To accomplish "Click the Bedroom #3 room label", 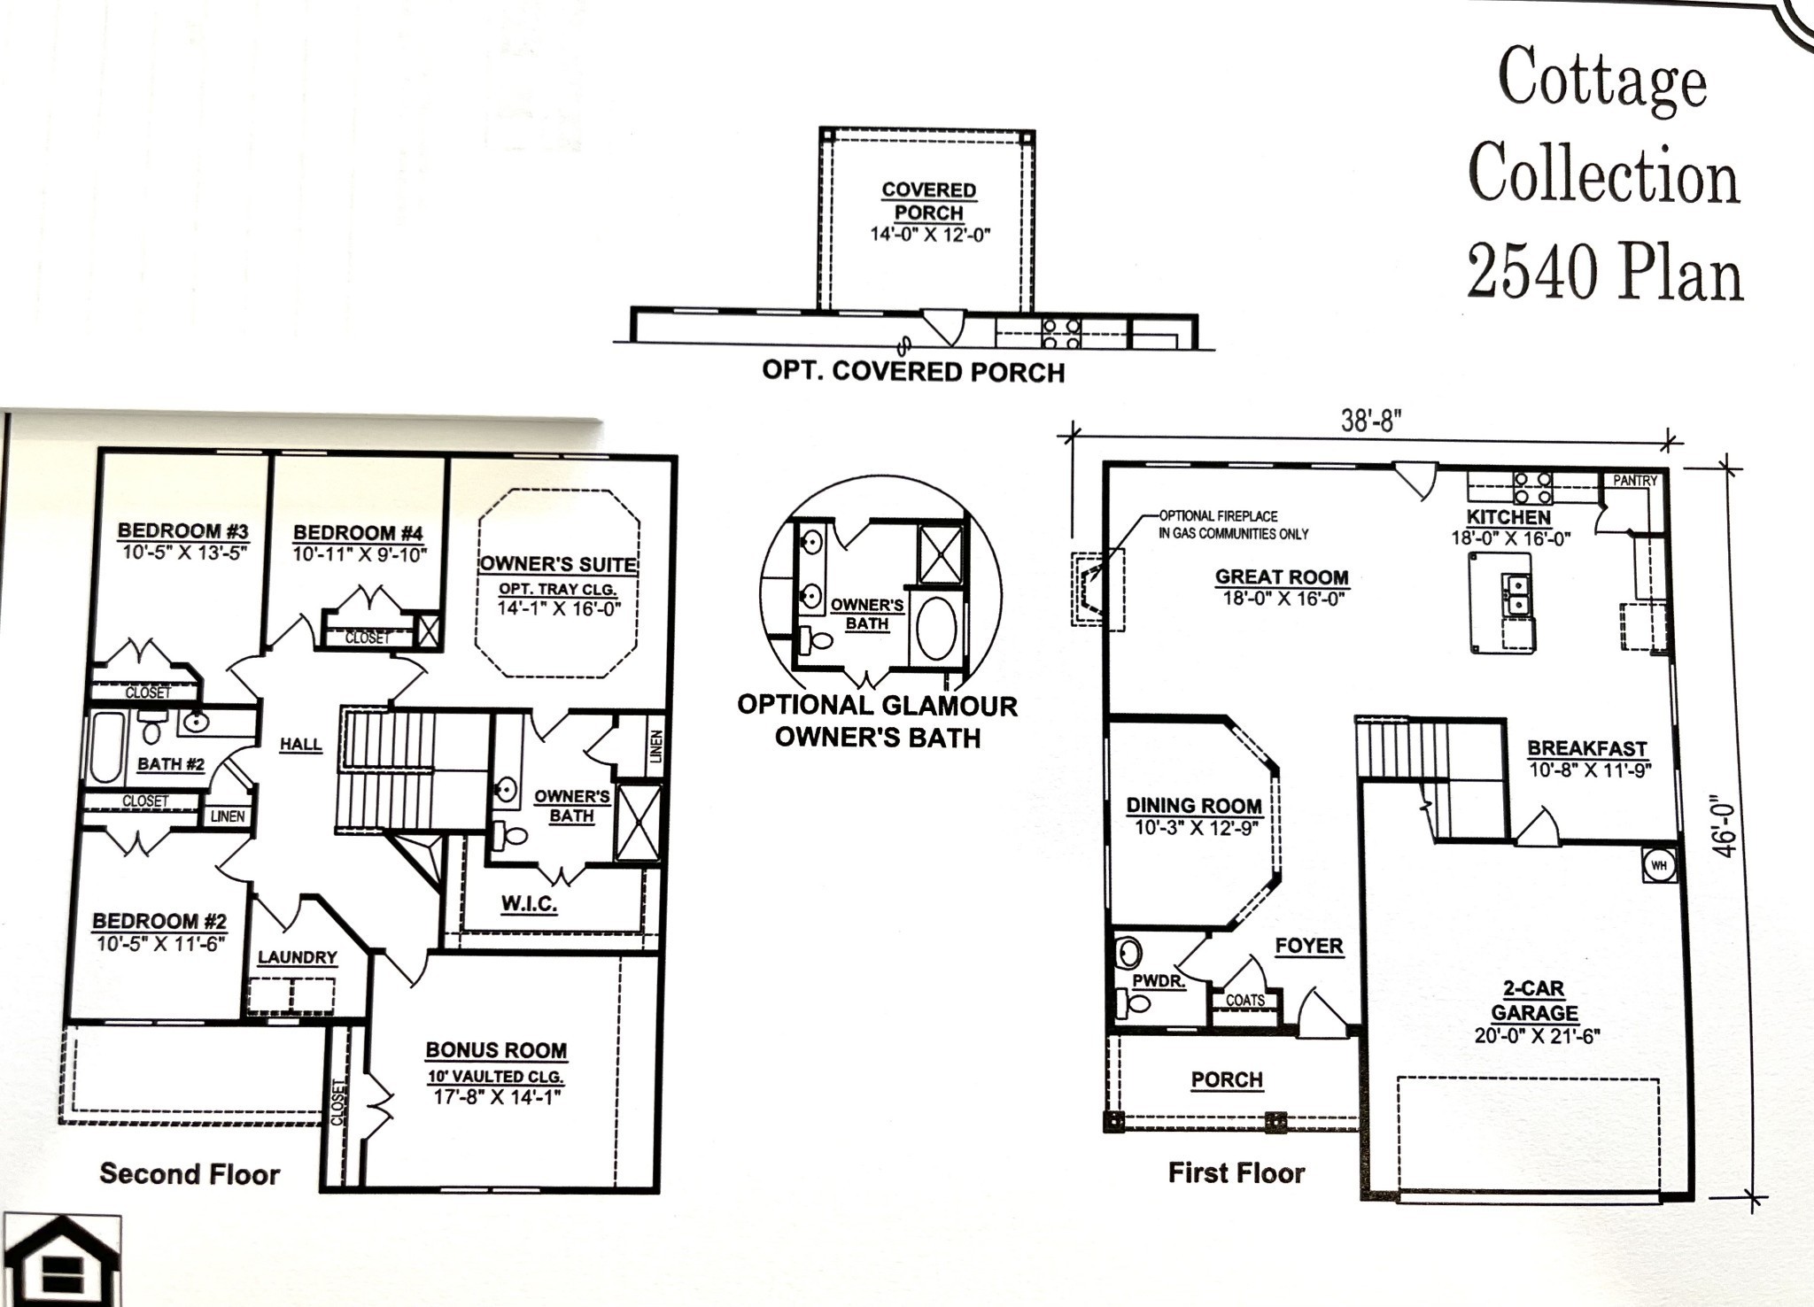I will click(183, 531).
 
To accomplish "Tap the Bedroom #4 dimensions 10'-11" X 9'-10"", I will click(360, 555).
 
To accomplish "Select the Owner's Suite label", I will click(558, 565).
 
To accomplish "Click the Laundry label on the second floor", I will click(298, 957).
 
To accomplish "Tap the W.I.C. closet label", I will click(529, 904).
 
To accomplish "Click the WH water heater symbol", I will click(1659, 864).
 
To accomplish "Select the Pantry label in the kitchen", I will click(1634, 481).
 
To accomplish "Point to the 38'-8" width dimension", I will click(1372, 421).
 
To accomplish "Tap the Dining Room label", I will click(1194, 806).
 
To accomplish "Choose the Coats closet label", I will click(1245, 1001).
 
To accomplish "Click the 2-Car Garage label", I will click(1534, 1001).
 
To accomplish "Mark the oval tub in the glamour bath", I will click(936, 630).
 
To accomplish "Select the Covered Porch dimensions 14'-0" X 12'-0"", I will click(929, 236).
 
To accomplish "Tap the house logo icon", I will click(58, 1261).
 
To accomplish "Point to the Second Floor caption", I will click(190, 1174).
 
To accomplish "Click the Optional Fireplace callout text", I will click(1232, 524).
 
